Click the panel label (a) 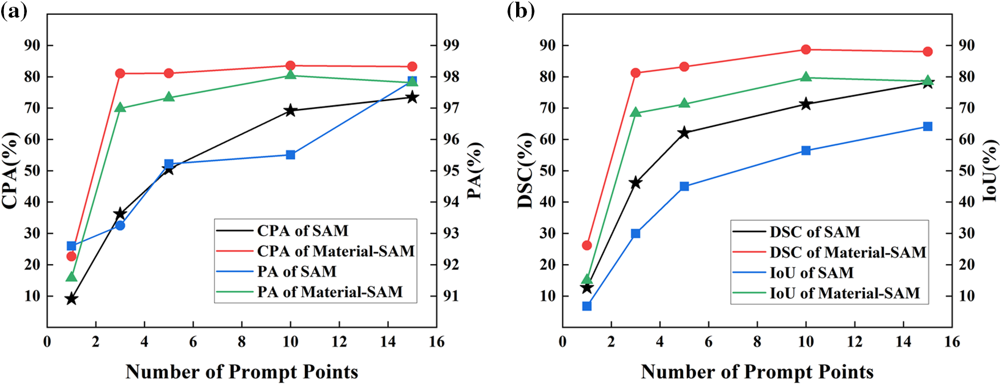tap(14, 11)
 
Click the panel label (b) tap(520, 11)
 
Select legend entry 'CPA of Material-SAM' tap(335, 251)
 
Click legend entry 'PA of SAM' tap(296, 271)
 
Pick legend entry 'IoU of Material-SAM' tap(844, 293)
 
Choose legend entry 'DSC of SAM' tap(814, 232)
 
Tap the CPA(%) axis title tap(11, 171)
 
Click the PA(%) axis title tap(474, 171)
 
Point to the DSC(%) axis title tap(525, 171)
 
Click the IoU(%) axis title tap(991, 171)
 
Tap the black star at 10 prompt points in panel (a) tap(291, 111)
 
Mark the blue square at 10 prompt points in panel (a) tap(291, 155)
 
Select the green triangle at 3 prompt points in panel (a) tap(120, 107)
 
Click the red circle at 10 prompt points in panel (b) tap(806, 50)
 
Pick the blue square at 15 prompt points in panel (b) tap(927, 127)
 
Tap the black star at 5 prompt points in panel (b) tap(684, 133)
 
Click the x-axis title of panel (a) tap(242, 372)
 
